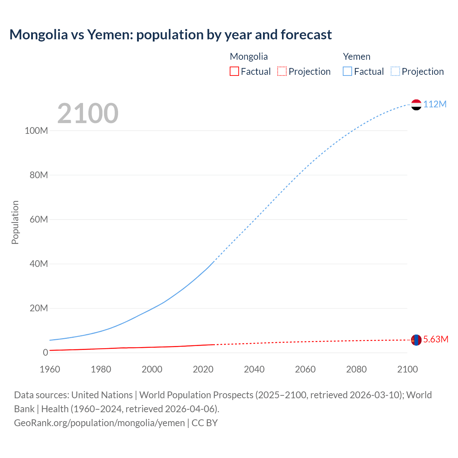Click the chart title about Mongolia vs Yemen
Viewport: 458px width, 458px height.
170,35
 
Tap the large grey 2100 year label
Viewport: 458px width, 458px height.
88,113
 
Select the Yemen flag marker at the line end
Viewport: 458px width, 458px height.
416,105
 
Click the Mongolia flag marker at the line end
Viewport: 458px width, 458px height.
416,340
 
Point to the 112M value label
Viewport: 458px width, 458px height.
435,104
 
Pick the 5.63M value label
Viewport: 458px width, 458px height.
435,339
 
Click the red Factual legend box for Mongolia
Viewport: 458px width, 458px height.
234,72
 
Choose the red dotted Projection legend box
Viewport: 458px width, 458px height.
282,72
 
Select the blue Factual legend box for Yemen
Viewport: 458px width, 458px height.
347,72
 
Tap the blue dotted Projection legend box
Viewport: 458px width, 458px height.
395,72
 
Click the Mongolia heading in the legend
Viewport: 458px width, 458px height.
249,57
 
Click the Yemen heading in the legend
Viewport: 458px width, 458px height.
356,57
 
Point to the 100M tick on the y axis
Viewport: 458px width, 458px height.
36,131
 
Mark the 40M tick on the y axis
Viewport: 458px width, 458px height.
39,264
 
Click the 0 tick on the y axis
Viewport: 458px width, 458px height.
45,352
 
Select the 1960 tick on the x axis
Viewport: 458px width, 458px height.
50,369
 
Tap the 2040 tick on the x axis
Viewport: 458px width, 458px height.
254,369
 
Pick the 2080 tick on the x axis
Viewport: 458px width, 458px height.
356,369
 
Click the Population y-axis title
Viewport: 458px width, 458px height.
15,222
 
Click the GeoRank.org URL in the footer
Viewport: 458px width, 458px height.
99,423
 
